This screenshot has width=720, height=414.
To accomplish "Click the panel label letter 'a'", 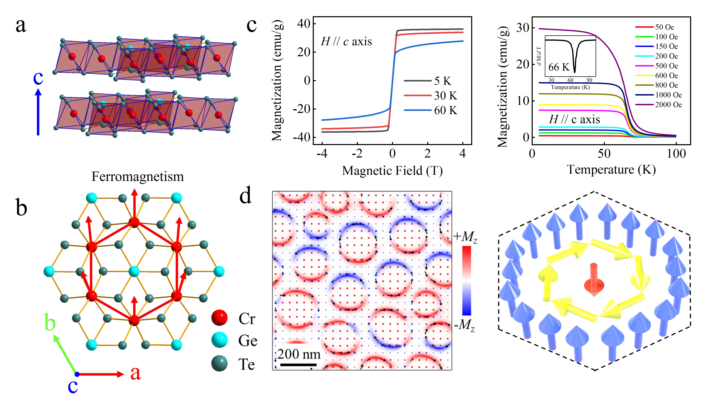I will (x=21, y=26).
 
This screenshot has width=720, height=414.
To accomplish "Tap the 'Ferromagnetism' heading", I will (x=138, y=177).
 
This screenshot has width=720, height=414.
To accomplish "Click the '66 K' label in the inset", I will (x=559, y=67).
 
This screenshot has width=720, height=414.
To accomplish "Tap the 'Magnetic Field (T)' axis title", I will (x=392, y=171).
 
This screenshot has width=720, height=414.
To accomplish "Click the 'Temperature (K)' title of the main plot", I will (x=611, y=169).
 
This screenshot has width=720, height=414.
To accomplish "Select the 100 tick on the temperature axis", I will (x=676, y=154).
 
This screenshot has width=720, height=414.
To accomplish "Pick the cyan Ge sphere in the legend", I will (x=219, y=340).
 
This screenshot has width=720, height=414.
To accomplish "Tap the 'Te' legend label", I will (x=246, y=364).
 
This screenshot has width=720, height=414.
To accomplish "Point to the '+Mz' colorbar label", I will (x=465, y=237).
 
